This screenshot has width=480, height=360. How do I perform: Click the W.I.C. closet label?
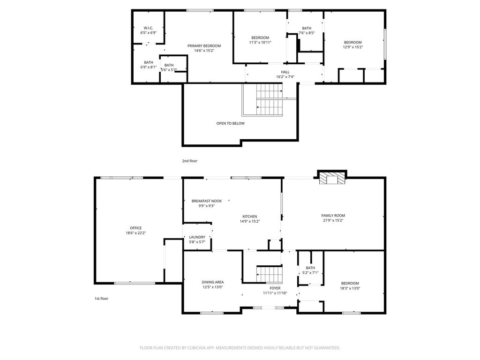(x=149, y=28)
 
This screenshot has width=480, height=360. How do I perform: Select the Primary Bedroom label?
(x=204, y=46)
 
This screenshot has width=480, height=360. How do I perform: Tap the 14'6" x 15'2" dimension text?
(x=204, y=51)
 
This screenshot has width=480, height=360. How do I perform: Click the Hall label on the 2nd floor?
(x=285, y=72)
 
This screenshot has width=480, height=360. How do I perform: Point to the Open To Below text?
(x=231, y=123)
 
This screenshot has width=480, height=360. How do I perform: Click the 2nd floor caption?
(x=190, y=161)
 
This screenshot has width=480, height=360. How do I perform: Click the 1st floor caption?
(x=101, y=299)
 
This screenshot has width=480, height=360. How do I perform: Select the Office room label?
(x=136, y=228)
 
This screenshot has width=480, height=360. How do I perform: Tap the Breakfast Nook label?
(x=207, y=201)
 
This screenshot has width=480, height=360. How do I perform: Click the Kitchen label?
(x=250, y=217)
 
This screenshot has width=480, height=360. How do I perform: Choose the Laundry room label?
(x=197, y=237)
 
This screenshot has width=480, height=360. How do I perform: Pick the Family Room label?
(x=333, y=216)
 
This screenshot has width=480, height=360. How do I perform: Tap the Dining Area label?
(x=213, y=282)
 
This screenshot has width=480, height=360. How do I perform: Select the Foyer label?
(x=275, y=288)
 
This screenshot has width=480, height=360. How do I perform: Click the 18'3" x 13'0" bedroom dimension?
(x=350, y=288)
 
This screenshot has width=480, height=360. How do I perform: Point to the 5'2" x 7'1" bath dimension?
(x=310, y=272)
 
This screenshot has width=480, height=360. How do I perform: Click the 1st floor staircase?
(x=270, y=275)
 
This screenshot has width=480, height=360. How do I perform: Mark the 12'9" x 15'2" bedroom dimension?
(x=353, y=47)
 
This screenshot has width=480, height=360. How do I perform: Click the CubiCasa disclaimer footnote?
(x=240, y=348)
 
